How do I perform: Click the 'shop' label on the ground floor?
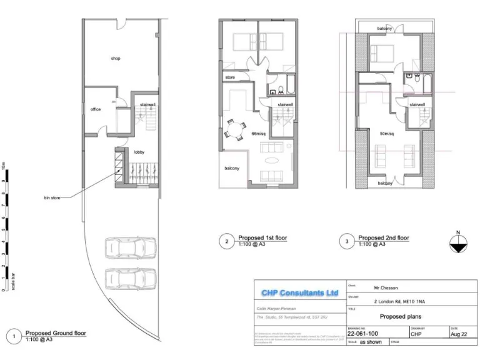[x=116, y=58]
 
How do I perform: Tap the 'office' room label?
[x=96, y=109]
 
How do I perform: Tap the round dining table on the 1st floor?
[x=235, y=131]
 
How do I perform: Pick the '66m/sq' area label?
[x=259, y=134]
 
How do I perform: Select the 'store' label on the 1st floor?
[x=229, y=77]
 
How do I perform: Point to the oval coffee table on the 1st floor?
[x=274, y=160]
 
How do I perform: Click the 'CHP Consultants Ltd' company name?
[x=299, y=292]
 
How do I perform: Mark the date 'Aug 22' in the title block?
[x=459, y=334]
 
